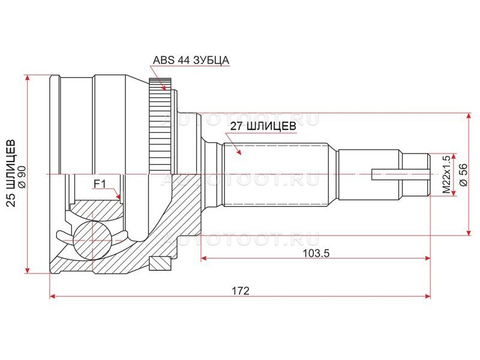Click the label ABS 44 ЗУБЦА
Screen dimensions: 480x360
(191, 60)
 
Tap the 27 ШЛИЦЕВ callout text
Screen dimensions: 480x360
(263, 126)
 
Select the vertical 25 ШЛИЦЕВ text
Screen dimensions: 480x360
(11, 173)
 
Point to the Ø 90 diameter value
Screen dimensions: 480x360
(22, 173)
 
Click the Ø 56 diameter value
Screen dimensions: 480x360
(463, 175)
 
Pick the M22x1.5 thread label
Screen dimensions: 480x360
(446, 174)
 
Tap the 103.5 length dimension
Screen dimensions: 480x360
(316, 253)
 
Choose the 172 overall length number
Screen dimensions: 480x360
(241, 290)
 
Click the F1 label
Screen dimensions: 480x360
(100, 184)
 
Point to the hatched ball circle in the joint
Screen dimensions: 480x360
(92, 241)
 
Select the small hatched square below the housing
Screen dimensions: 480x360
(159, 263)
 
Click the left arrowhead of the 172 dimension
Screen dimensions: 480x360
(53, 296)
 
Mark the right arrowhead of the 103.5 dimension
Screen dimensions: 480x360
(427, 259)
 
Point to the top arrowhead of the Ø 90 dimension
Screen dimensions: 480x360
(28, 78)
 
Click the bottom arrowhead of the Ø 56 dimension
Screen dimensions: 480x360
(469, 232)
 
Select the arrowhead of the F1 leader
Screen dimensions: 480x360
(118, 196)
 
